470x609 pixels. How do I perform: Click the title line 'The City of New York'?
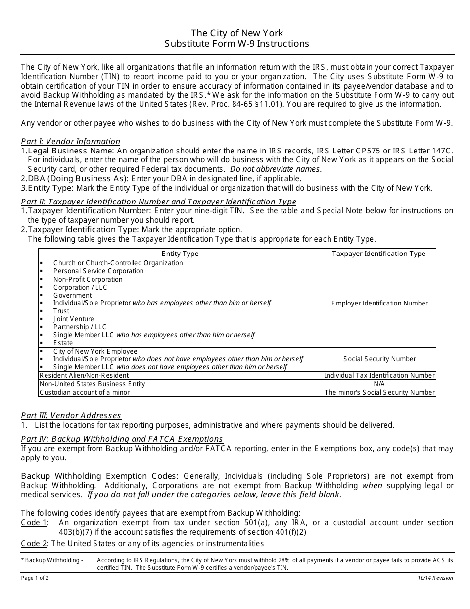pos(237,33)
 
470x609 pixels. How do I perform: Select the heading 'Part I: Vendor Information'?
pos(70,142)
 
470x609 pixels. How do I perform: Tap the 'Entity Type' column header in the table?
pos(180,254)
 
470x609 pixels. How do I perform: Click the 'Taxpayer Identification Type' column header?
pos(379,254)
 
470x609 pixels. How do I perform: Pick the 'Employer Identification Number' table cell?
pos(379,303)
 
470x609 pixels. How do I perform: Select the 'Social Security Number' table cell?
pos(379,359)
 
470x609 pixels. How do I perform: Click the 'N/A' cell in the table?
pos(379,384)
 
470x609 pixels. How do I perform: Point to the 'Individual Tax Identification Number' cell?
pos(379,376)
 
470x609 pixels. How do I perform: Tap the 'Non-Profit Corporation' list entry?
pos(88,279)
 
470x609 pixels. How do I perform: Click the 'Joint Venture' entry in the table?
pos(73,319)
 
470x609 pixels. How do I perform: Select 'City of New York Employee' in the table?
pos(95,351)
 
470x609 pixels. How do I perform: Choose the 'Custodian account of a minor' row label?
pos(85,392)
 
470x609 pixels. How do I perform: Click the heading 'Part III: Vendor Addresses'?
pos(71,416)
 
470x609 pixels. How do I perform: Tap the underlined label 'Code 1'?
pos(34,523)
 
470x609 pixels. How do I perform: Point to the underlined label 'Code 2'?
pos(34,544)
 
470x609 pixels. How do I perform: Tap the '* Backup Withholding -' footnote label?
pos(51,560)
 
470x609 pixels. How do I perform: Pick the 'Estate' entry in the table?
pos(63,343)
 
